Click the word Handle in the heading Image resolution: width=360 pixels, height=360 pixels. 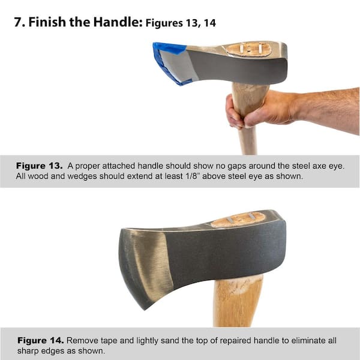pyautogui.click(x=118, y=22)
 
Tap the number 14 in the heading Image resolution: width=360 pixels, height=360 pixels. pyautogui.click(x=210, y=23)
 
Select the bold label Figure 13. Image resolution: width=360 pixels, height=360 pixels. pyautogui.click(x=39, y=166)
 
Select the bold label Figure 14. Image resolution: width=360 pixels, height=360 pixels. pyautogui.click(x=40, y=340)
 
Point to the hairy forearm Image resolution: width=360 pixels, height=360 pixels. pyautogui.click(x=328, y=110)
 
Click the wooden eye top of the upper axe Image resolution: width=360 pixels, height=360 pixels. pyautogui.click(x=248, y=49)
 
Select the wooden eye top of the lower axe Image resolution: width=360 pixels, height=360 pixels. pyautogui.click(x=238, y=220)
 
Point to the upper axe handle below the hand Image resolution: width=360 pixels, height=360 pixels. pyautogui.click(x=247, y=140)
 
